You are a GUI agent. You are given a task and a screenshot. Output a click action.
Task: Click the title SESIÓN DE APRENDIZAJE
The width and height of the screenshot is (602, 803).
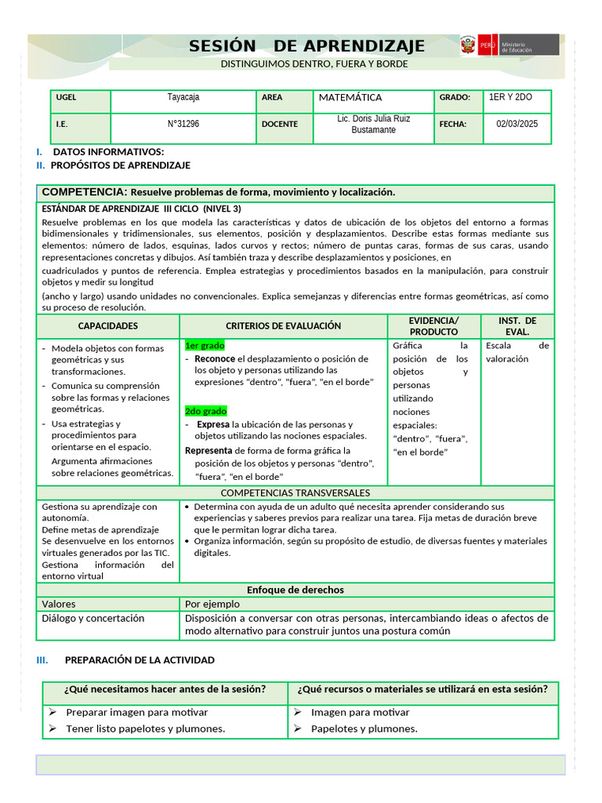[x=306, y=46]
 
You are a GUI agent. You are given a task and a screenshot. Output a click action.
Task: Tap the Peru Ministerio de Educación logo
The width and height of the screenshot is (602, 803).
[x=510, y=45]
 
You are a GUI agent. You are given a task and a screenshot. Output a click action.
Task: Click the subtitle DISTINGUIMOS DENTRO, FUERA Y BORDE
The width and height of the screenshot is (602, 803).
[x=314, y=64]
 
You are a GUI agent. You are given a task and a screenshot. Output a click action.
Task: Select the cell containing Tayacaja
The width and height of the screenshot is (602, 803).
[x=183, y=98]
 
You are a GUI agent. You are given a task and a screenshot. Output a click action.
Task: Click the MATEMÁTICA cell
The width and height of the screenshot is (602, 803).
[x=350, y=98]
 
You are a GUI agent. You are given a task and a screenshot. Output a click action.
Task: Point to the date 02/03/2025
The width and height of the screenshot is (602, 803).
[x=517, y=124]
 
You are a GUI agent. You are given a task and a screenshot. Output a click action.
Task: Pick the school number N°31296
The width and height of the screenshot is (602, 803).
[x=183, y=124]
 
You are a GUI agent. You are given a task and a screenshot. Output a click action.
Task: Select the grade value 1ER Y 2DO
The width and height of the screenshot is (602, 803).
[x=511, y=98]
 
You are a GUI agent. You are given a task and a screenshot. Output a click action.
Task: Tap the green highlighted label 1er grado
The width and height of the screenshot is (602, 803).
[x=205, y=345]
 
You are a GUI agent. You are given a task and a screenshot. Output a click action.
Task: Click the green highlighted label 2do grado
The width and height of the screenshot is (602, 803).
[x=205, y=411]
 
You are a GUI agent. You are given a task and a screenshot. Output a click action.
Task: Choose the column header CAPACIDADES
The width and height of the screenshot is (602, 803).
[x=108, y=326]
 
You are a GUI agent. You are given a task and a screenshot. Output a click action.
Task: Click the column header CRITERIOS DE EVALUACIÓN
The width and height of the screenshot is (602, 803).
[x=283, y=326]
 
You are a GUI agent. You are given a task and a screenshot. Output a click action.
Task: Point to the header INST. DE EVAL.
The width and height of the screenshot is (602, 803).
[x=517, y=326]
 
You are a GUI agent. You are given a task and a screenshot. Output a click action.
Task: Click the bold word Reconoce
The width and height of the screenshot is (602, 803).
[x=215, y=358]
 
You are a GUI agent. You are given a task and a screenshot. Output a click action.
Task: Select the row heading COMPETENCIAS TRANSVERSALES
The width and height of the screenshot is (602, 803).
[x=296, y=493]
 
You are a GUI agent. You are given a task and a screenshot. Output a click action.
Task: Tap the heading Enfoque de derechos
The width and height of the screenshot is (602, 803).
[x=296, y=590]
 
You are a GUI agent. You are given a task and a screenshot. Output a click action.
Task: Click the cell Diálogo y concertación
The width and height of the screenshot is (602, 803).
[x=93, y=619]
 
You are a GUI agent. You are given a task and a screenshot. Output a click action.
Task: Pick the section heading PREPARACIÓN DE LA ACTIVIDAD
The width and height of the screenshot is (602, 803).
[x=140, y=660]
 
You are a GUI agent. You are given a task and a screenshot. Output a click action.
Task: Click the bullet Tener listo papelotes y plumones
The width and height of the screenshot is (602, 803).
[x=145, y=729]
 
